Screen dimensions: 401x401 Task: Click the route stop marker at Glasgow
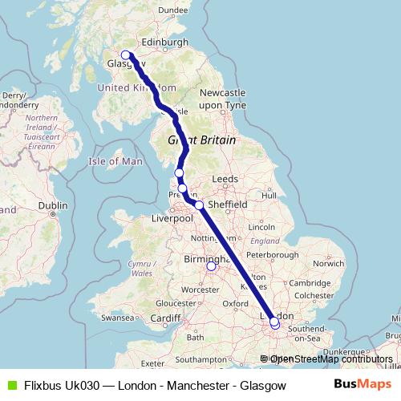pos(125,55)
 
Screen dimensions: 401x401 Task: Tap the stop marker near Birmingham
pos(211,267)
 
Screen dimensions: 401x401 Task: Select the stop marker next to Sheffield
pos(199,205)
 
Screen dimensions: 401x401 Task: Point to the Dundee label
pos(172,10)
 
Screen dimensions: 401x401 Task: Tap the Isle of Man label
pos(115,161)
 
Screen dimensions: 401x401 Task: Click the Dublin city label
pos(53,205)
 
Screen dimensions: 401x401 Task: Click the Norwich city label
pos(329,263)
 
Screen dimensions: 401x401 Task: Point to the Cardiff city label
pos(166,318)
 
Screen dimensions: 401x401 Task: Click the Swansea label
pos(117,318)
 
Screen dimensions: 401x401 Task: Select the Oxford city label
pos(236,304)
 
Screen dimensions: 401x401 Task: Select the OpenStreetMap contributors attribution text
pos(331,358)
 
